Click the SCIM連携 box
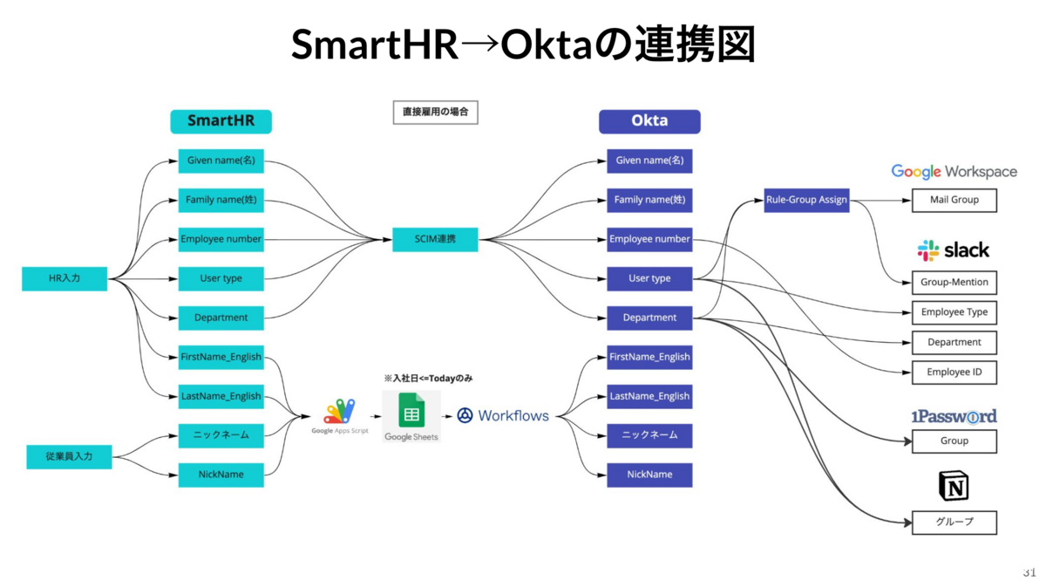pos(435,239)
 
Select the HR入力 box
pos(65,278)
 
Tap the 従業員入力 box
pos(69,456)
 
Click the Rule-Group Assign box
pos(806,200)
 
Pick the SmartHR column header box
pos(221,121)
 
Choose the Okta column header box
pos(649,121)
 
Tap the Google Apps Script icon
pos(340,412)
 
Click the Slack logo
pos(954,250)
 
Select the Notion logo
pos(954,486)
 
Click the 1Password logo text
pos(954,416)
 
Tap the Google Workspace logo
pos(954,171)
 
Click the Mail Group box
pos(954,200)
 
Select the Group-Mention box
pos(954,283)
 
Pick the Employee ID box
pos(954,373)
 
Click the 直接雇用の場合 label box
pos(435,113)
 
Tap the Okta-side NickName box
pos(649,475)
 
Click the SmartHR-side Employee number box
pos(221,239)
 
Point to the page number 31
pos(1029,573)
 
